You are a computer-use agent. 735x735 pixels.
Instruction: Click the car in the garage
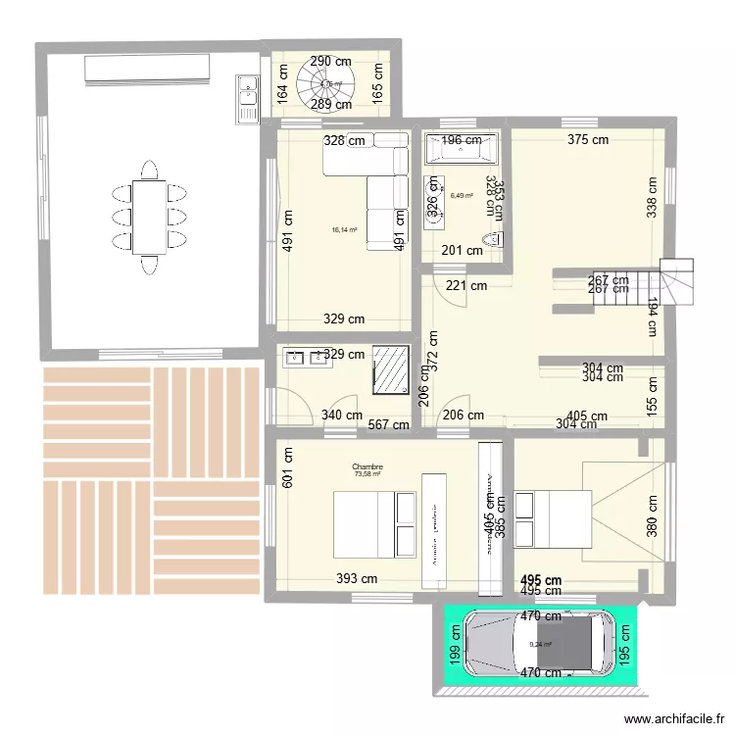[x=533, y=644]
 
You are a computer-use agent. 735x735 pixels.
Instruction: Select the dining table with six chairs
[x=149, y=215]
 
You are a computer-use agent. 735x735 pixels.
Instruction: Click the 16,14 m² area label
[x=343, y=230]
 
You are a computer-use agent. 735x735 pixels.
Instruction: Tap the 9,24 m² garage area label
[x=541, y=644]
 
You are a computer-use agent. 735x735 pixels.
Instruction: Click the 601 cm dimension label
[x=287, y=468]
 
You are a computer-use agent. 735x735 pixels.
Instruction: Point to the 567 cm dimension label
[x=387, y=424]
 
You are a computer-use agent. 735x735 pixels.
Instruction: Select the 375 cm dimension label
[x=587, y=139]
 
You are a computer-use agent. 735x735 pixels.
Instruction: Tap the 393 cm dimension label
[x=357, y=579]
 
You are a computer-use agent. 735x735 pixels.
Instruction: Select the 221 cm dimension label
[x=466, y=286]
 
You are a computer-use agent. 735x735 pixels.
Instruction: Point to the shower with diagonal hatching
[x=391, y=369]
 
